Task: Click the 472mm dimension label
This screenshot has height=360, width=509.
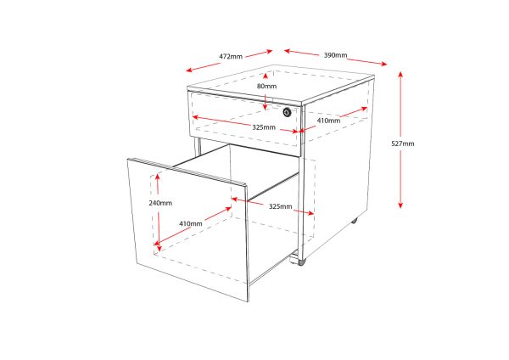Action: pos(231,56)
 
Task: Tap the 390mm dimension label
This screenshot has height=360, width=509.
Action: pos(334,55)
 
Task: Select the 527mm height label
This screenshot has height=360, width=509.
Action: pos(402,143)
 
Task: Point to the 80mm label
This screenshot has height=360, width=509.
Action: pos(266,86)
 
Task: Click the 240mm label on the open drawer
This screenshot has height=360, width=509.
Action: pos(160,203)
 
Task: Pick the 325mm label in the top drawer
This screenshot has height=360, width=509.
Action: pos(264,127)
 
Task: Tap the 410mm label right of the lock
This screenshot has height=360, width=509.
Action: pos(328,121)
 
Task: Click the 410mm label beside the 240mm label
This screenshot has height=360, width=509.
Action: pos(190,223)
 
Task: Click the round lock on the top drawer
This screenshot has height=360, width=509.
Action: pos(287,112)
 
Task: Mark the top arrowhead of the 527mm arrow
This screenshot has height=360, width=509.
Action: pos(400,72)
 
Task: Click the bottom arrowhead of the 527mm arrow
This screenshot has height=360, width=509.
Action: pos(400,205)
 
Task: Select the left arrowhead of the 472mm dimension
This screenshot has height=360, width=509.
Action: pos(189,70)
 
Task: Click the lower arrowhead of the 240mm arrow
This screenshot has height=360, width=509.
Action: pos(157,246)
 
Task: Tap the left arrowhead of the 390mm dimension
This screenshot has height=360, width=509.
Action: pos(287,51)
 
